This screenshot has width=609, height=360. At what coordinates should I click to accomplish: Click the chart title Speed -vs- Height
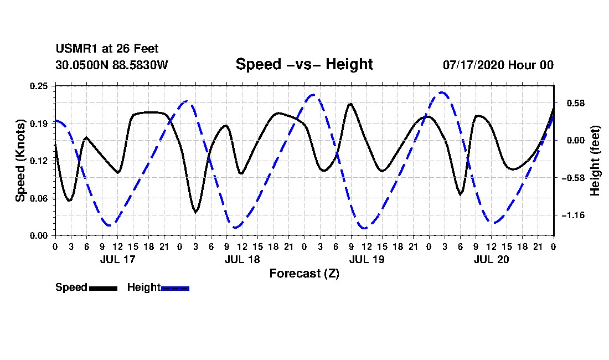[304, 64]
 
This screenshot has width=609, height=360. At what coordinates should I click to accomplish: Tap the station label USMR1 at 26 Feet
[107, 49]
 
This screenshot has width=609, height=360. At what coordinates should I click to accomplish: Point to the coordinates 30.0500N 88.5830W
[112, 65]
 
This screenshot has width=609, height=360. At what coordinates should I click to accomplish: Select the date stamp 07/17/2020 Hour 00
[498, 65]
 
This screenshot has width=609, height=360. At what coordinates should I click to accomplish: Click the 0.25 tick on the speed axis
[39, 86]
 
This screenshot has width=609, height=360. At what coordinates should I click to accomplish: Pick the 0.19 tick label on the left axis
[39, 124]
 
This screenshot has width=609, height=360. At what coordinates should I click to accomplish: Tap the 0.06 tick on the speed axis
[39, 198]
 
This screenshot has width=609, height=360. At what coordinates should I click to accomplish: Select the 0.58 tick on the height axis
[576, 104]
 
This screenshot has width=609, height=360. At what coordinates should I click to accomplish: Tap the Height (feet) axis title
[595, 161]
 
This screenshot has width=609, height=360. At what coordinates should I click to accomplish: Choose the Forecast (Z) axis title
[304, 274]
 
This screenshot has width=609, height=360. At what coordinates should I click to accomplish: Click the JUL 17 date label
[118, 259]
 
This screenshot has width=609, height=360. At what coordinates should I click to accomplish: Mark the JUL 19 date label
[367, 259]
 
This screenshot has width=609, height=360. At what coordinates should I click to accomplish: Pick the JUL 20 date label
[491, 259]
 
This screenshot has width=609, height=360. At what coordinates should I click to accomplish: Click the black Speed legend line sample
[104, 289]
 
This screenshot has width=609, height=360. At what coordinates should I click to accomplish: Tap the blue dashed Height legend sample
[175, 289]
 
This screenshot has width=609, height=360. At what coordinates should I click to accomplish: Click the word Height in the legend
[144, 287]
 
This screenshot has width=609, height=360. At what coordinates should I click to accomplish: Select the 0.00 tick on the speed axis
[39, 236]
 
